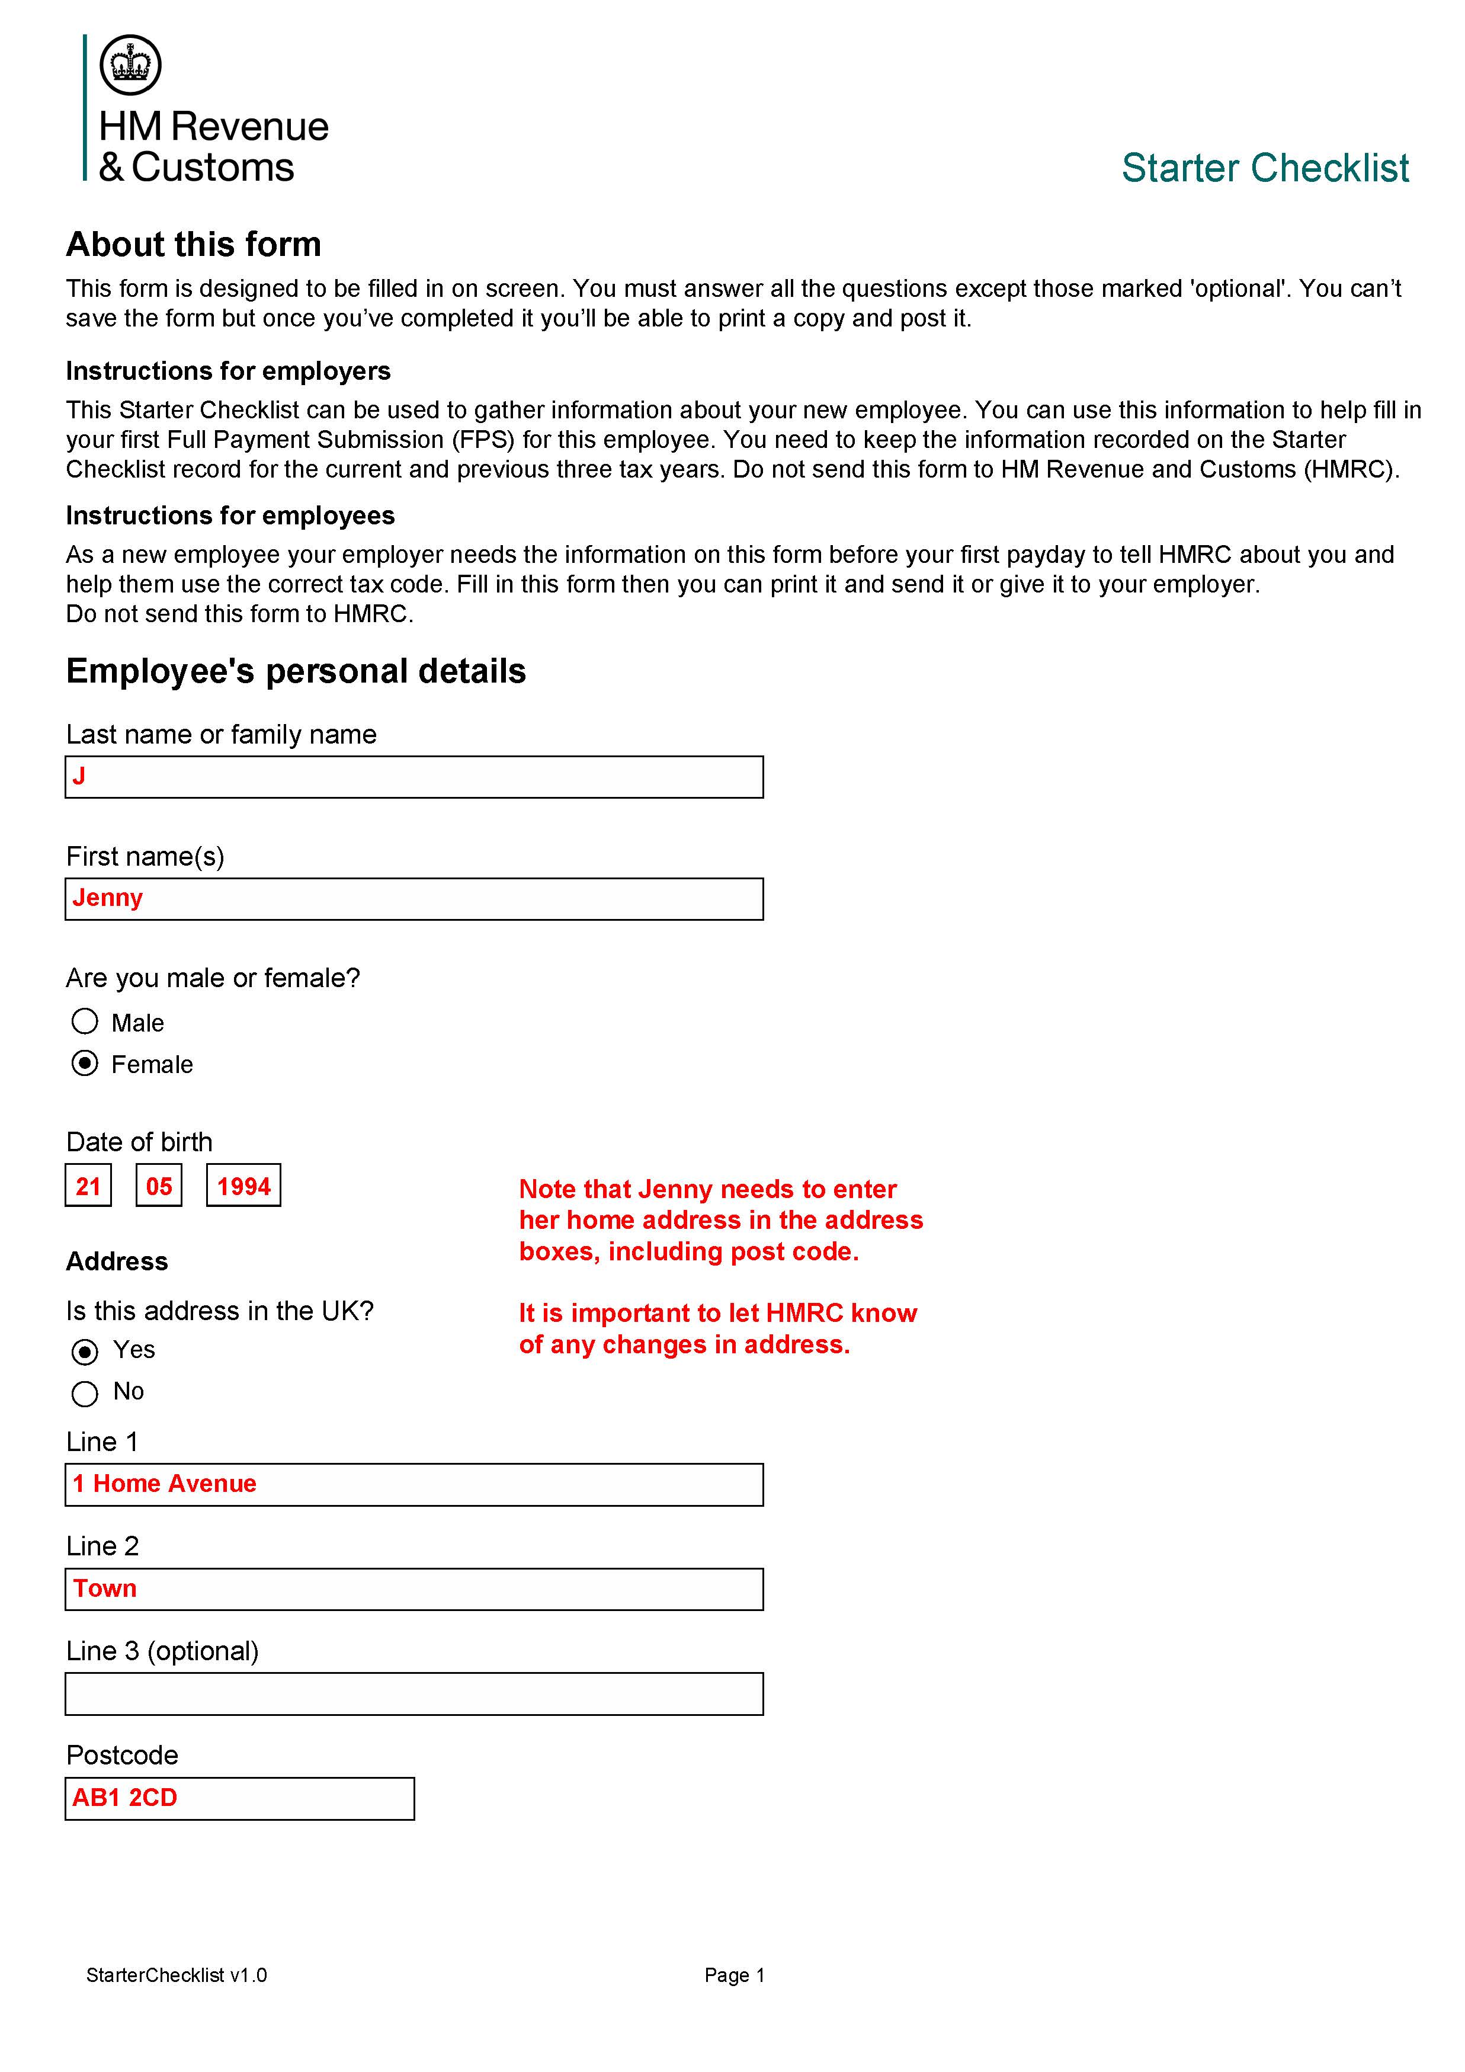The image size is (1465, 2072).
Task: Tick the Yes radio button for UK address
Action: tap(85, 1352)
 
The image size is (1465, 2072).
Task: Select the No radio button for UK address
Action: tap(85, 1394)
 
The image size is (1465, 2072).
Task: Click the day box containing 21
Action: tap(88, 1185)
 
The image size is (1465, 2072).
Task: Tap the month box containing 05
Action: tap(159, 1185)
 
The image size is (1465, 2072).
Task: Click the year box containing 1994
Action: tap(243, 1185)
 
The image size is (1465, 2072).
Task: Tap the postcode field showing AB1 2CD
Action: tap(239, 1799)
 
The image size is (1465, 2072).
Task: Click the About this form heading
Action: tap(193, 245)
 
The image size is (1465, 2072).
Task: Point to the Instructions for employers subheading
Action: tap(228, 371)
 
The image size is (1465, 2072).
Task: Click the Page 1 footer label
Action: tap(735, 1975)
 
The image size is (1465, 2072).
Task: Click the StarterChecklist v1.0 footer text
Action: tap(177, 1975)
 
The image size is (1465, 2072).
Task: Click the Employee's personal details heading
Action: tap(296, 671)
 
